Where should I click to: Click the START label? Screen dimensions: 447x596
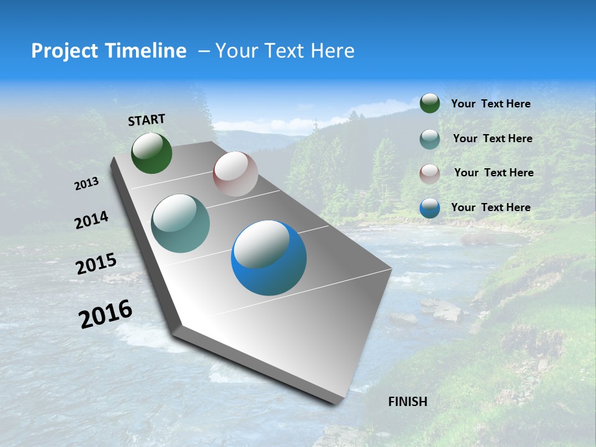click(147, 119)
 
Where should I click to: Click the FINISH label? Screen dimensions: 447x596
click(407, 402)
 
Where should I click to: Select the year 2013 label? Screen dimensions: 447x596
click(87, 183)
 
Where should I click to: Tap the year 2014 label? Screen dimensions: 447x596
click(92, 220)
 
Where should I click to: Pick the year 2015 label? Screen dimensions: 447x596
click(96, 264)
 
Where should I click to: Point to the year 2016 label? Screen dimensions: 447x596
click(106, 314)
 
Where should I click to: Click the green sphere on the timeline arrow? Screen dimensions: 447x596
click(151, 153)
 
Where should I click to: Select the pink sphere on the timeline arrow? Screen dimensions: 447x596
click(235, 174)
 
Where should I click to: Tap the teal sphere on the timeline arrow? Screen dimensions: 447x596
click(181, 223)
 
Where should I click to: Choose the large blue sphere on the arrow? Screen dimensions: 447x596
click(269, 258)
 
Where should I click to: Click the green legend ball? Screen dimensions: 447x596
click(430, 104)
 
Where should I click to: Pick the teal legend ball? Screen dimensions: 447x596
click(430, 139)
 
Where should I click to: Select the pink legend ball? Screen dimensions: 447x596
click(430, 174)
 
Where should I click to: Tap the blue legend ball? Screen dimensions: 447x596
click(430, 208)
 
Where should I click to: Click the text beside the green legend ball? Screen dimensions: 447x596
click(490, 104)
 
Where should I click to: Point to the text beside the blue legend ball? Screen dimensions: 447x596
click(490, 207)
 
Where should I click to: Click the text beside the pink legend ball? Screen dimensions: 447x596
click(494, 173)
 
